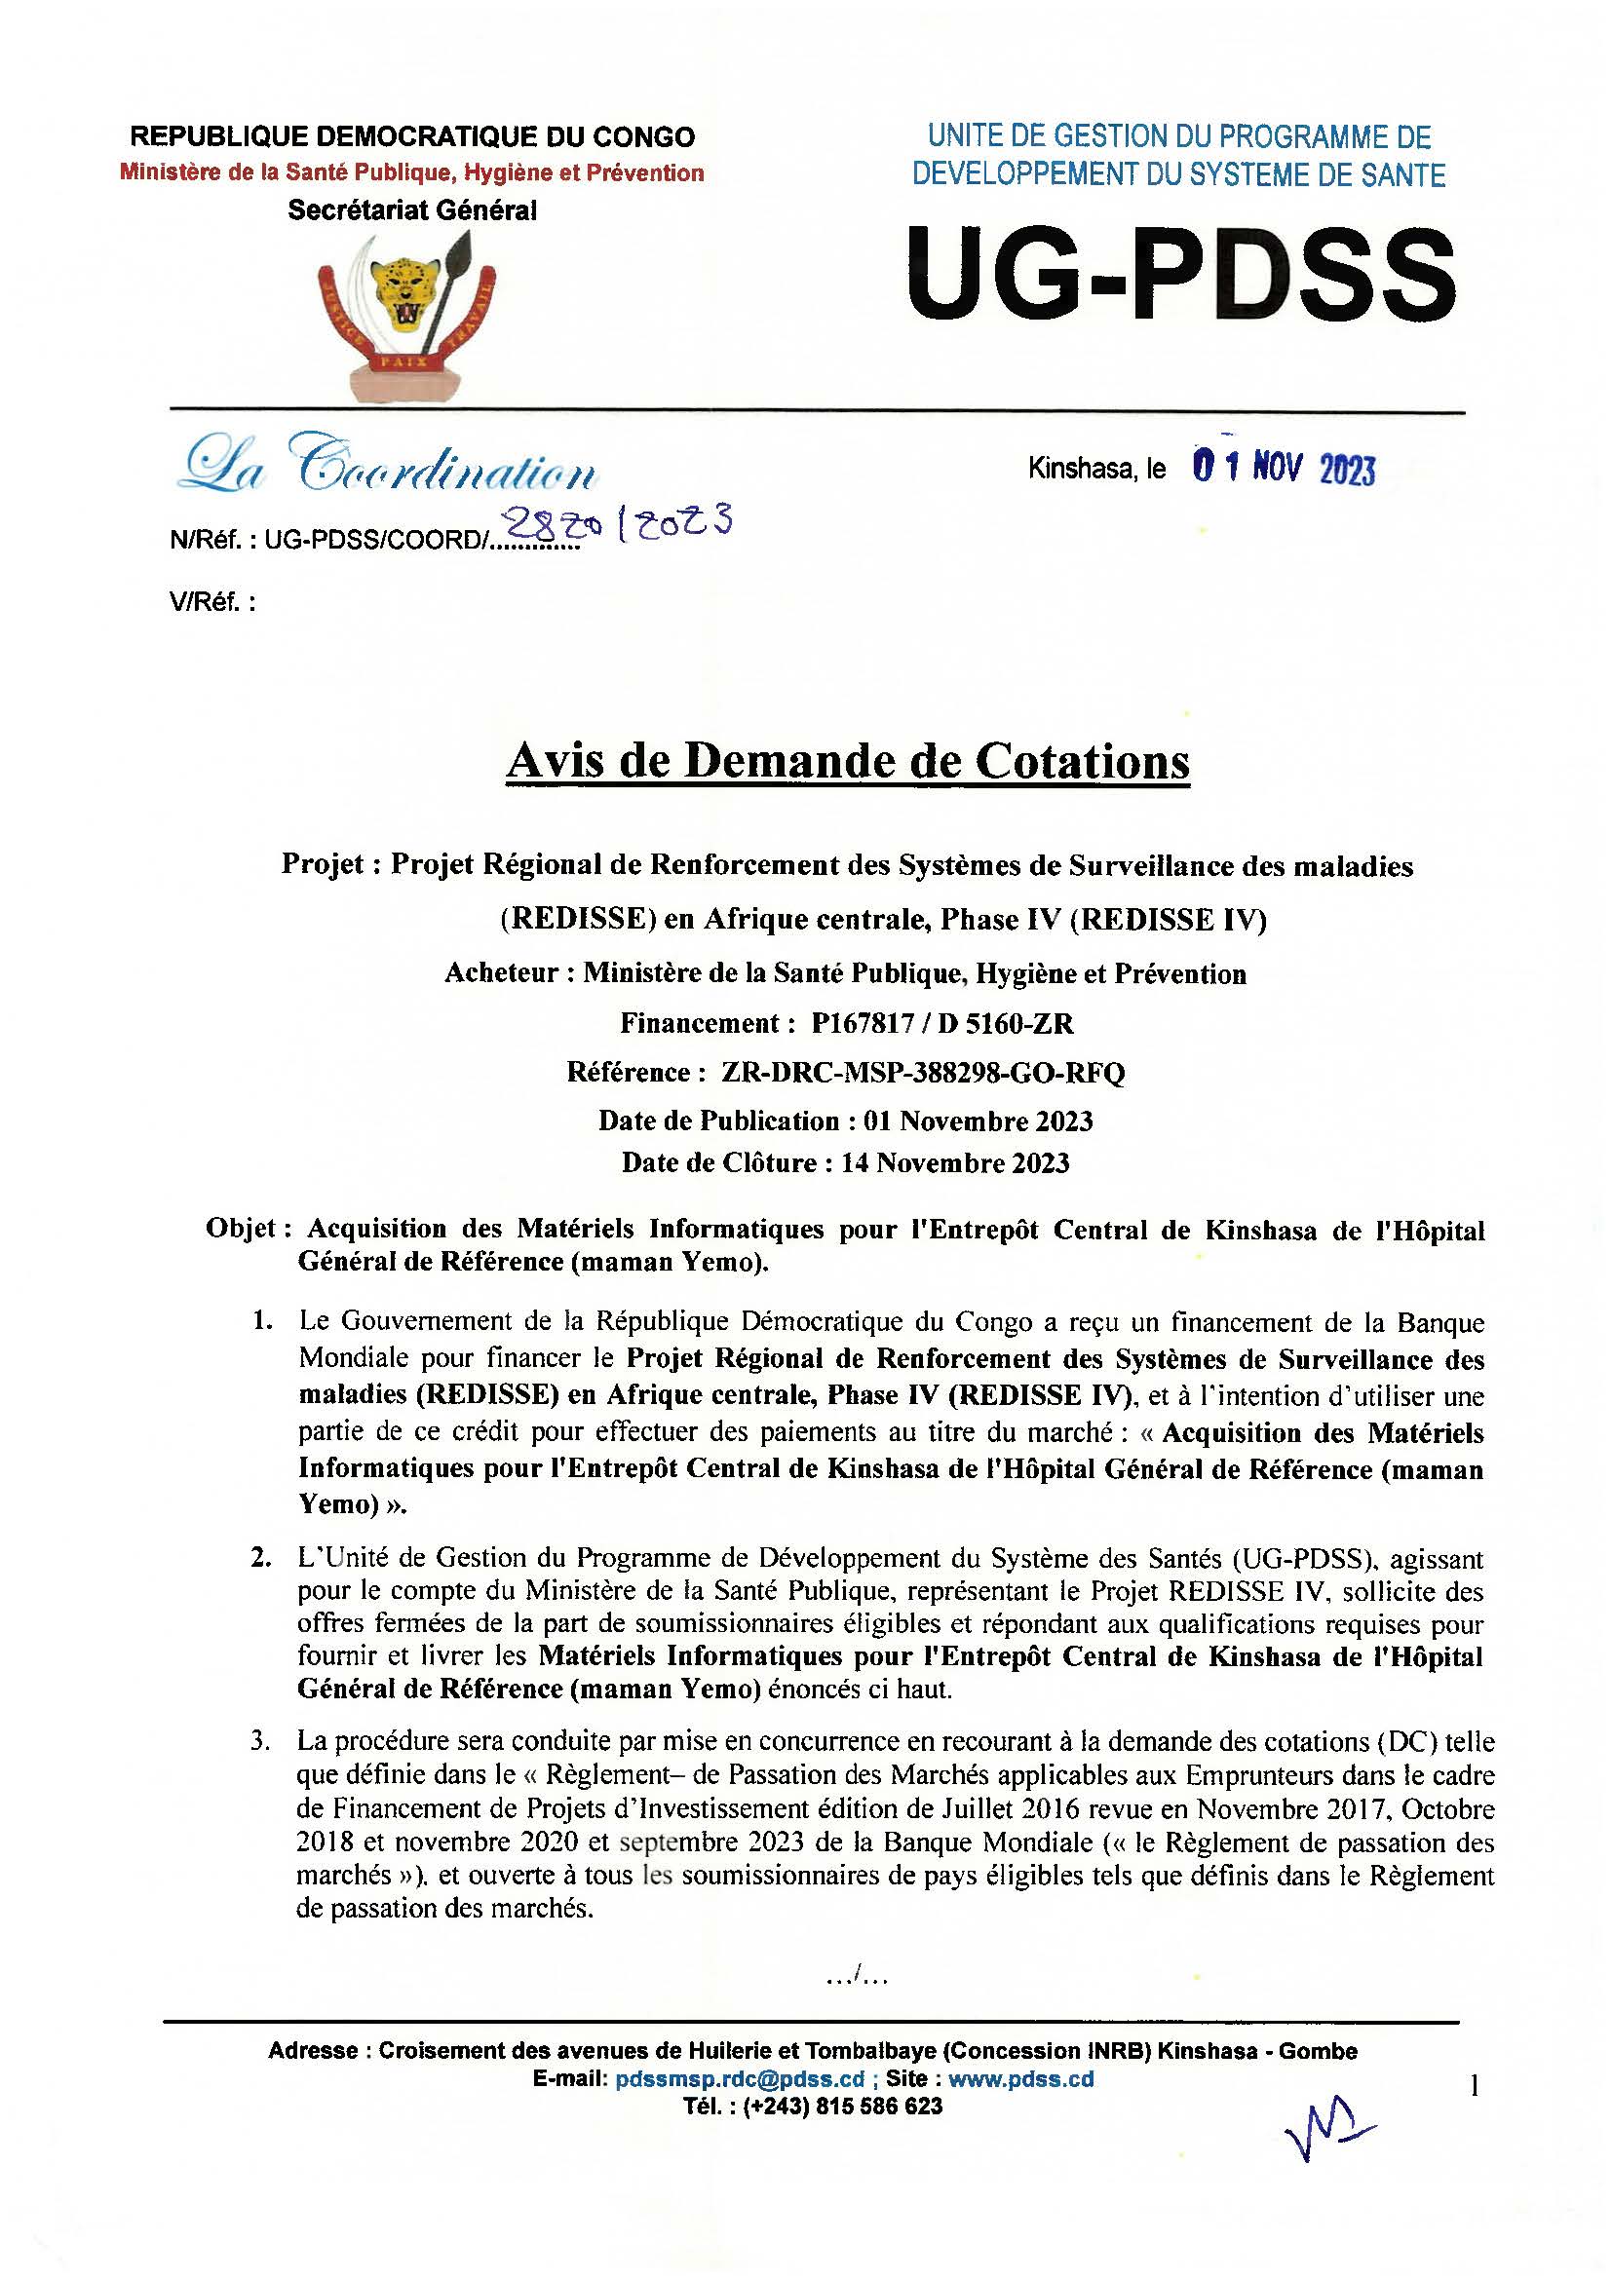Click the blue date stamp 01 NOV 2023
click(x=1283, y=468)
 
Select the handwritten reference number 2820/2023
click(x=617, y=523)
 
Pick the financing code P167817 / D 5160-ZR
click(x=942, y=1023)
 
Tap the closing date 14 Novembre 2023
click(x=955, y=1162)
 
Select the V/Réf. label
click(x=212, y=602)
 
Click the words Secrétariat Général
click(x=412, y=210)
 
